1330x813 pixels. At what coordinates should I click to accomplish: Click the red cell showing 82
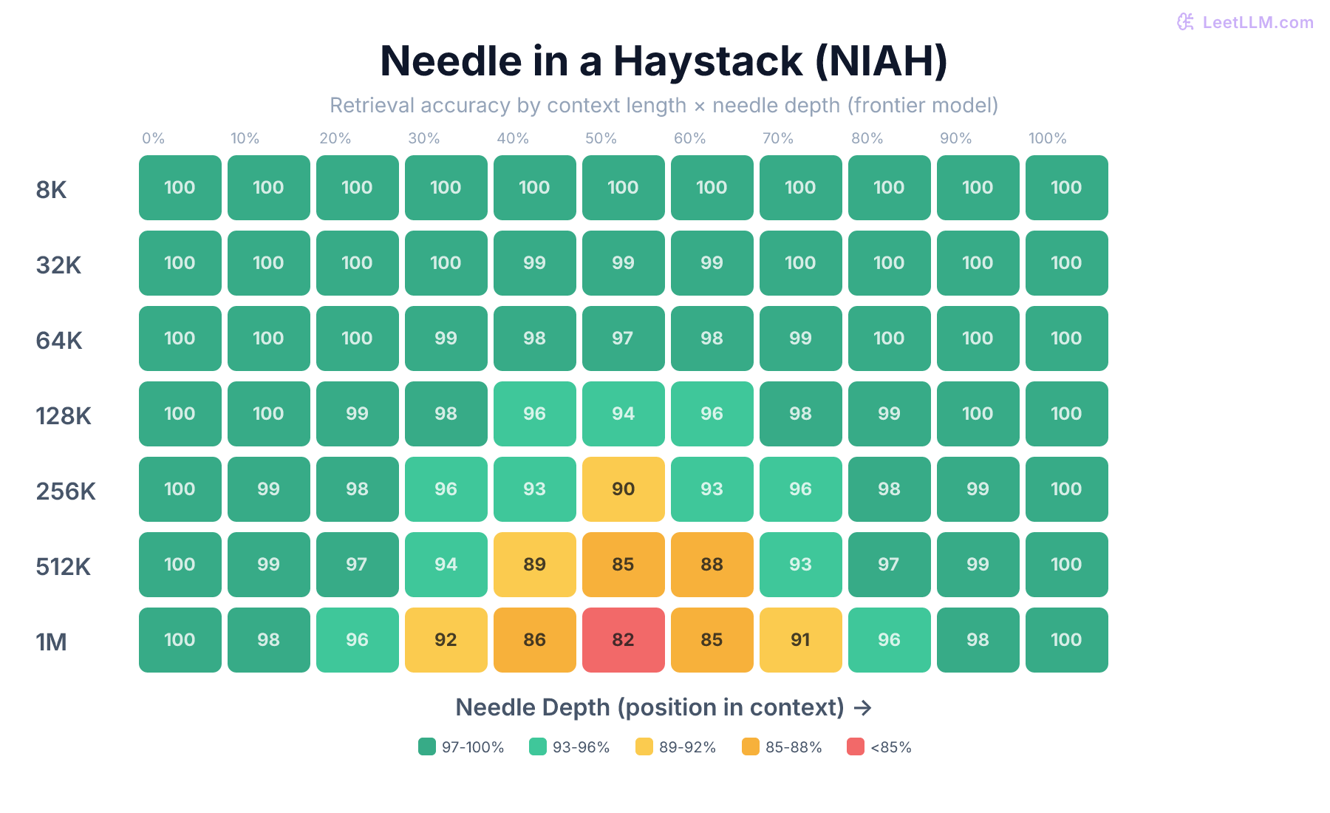coord(623,640)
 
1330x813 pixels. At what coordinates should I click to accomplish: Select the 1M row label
coord(51,642)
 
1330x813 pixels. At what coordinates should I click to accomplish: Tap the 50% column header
coord(601,138)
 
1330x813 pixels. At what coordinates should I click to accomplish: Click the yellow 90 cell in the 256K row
coord(623,489)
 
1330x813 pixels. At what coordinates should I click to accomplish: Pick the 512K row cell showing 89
coord(534,565)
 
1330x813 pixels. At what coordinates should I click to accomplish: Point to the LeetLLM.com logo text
coord(1257,22)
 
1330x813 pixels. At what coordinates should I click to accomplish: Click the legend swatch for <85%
coord(856,746)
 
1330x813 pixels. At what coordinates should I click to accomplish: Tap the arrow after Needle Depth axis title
coord(862,708)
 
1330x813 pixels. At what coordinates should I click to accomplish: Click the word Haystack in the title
coord(707,61)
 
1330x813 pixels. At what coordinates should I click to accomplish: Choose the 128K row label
coord(64,415)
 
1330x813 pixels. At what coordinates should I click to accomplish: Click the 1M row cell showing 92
coord(446,640)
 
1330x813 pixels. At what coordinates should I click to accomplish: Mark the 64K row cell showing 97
coord(623,339)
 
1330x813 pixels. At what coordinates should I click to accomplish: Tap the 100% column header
coord(1047,138)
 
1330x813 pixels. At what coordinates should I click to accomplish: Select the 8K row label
coord(51,189)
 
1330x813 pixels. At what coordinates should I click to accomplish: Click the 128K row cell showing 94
coord(623,414)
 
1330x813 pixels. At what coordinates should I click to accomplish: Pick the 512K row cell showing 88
coord(712,565)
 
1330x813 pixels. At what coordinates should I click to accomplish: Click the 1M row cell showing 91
coord(800,640)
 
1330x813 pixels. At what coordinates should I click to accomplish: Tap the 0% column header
coord(153,138)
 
